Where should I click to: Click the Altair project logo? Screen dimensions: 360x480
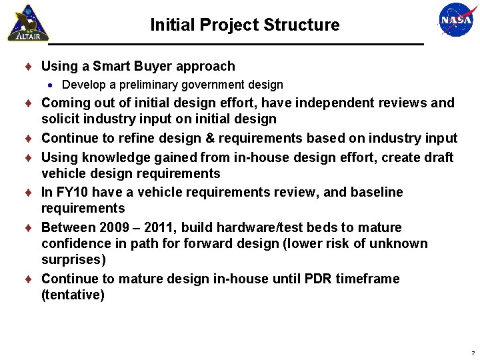[28, 23]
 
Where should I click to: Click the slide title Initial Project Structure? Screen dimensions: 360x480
[245, 25]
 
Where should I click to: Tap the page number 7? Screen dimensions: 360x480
[473, 353]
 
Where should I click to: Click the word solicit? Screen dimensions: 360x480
[60, 119]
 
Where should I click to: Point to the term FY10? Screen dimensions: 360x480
[71, 192]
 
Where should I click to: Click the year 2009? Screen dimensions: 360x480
[115, 227]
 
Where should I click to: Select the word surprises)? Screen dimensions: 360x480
[73, 259]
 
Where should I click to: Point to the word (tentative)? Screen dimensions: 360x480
[73, 295]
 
